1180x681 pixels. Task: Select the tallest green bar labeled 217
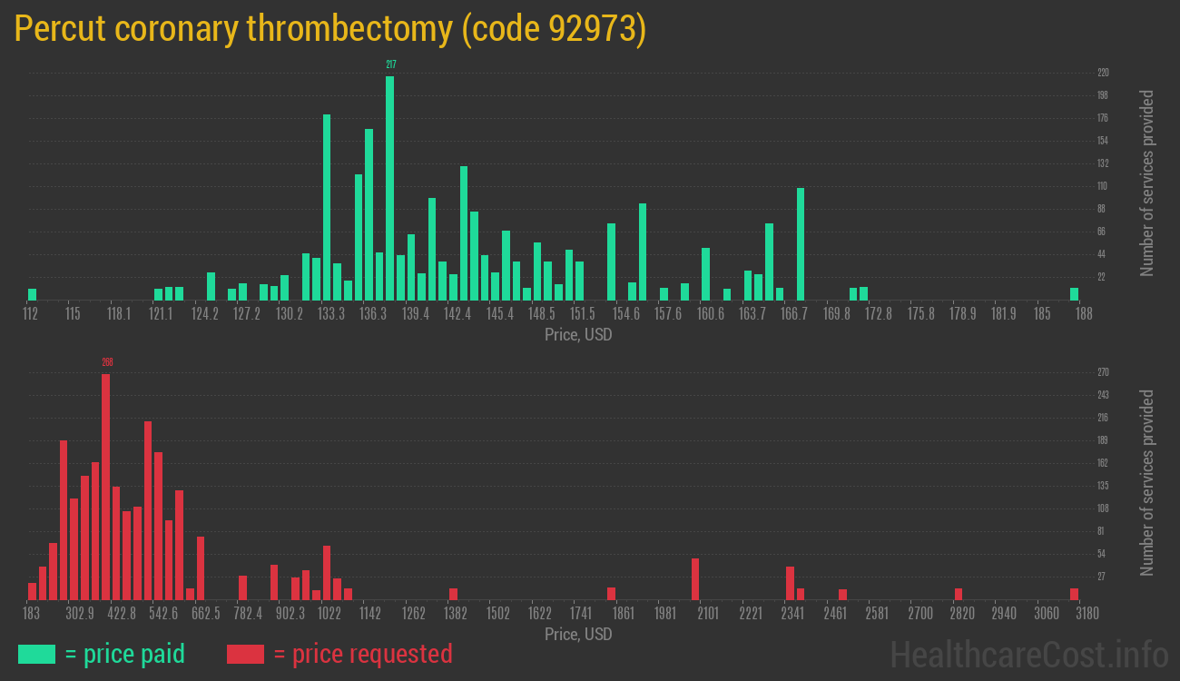pyautogui.click(x=390, y=188)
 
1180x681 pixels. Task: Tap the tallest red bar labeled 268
pyautogui.click(x=106, y=486)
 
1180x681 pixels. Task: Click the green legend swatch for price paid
pyautogui.click(x=36, y=654)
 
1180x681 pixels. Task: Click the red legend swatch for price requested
pyautogui.click(x=245, y=654)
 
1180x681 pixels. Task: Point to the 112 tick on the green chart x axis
pyautogui.click(x=31, y=314)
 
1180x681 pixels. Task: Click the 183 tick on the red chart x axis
pyautogui.click(x=31, y=614)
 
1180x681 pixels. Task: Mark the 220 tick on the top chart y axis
pyautogui.click(x=1103, y=73)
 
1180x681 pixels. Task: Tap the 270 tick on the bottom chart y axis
pyautogui.click(x=1103, y=372)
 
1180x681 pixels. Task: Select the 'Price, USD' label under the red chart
pyautogui.click(x=578, y=634)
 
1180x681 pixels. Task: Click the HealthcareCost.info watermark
pyautogui.click(x=1028, y=654)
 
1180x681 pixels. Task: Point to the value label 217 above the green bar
pyautogui.click(x=391, y=64)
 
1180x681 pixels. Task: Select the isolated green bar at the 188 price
pyautogui.click(x=1075, y=294)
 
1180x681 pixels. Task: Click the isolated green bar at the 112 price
pyautogui.click(x=33, y=294)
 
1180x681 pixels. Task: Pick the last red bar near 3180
pyautogui.click(x=1075, y=594)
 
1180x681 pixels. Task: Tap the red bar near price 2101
pyautogui.click(x=695, y=578)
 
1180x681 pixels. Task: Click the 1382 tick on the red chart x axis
pyautogui.click(x=456, y=614)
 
